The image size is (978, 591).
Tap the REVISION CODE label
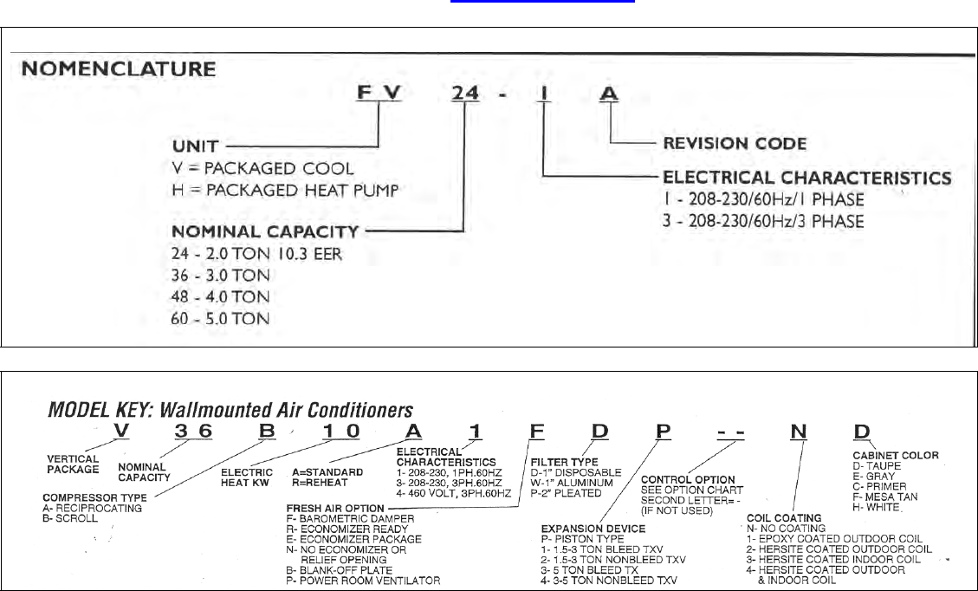pyautogui.click(x=735, y=143)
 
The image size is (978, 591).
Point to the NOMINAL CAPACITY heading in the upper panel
pyautogui.click(x=265, y=231)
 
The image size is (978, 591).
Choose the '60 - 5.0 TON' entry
pyautogui.click(x=221, y=318)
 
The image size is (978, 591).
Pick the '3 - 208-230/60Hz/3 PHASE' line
pyautogui.click(x=763, y=221)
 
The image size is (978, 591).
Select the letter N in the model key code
pyautogui.click(x=800, y=433)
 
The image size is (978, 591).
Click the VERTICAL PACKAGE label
pyautogui.click(x=73, y=464)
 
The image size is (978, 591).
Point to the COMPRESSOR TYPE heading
pyautogui.click(x=94, y=497)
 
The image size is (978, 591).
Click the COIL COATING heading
pyautogui.click(x=784, y=518)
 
